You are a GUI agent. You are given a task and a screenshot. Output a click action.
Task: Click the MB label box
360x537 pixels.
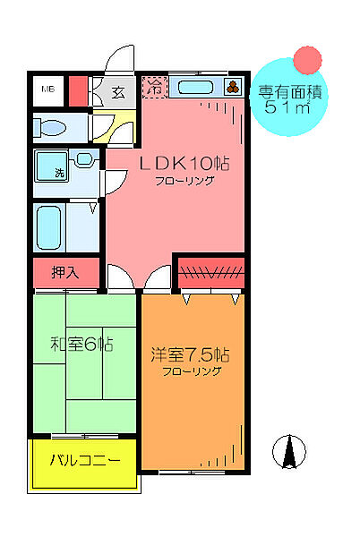[x=47, y=89]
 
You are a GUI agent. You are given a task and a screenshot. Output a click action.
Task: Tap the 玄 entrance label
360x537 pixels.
[x=118, y=89]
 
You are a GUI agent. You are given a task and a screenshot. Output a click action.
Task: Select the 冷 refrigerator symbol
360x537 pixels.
[x=155, y=88]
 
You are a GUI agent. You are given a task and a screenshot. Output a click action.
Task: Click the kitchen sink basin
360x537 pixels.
[x=195, y=88]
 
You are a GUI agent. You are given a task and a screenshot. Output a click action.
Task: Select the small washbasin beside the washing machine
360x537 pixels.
[x=83, y=160]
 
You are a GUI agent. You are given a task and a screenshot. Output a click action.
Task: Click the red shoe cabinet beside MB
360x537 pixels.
[x=77, y=91]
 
